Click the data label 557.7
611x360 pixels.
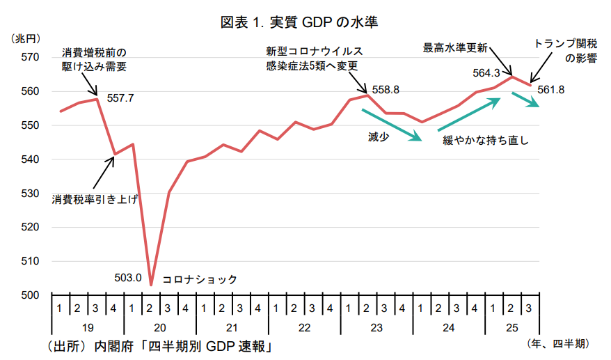[x=120, y=98]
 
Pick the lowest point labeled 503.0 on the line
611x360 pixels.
[x=151, y=285]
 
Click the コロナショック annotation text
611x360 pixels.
[x=200, y=279]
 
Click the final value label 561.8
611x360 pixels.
[x=551, y=89]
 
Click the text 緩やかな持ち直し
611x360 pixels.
[x=486, y=140]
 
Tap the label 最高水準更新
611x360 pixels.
[x=455, y=47]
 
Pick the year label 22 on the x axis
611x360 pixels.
[x=304, y=327]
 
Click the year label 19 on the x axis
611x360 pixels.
[x=88, y=327]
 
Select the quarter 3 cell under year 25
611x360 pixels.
[x=530, y=308]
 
